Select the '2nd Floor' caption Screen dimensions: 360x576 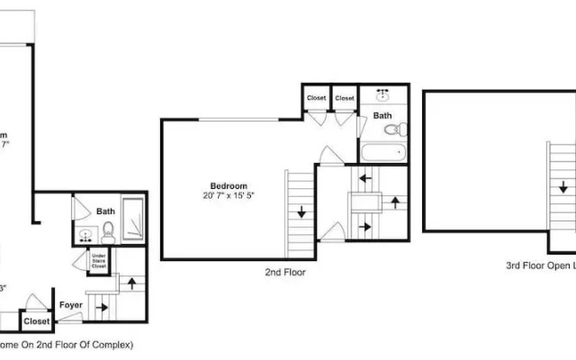[284, 271]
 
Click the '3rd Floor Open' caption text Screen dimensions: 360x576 [538, 265]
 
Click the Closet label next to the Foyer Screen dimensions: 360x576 [36, 320]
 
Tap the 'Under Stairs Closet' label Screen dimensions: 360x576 [100, 262]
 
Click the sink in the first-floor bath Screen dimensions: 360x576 [85, 237]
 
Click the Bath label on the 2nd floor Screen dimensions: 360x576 [382, 115]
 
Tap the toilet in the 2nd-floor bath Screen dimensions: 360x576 [392, 130]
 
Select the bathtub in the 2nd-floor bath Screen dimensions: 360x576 [383, 152]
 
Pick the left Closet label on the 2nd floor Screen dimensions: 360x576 [316, 97]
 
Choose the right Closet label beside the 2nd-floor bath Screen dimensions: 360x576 [344, 97]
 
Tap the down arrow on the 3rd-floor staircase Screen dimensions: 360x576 [562, 190]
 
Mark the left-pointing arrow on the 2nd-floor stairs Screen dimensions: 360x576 [364, 178]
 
